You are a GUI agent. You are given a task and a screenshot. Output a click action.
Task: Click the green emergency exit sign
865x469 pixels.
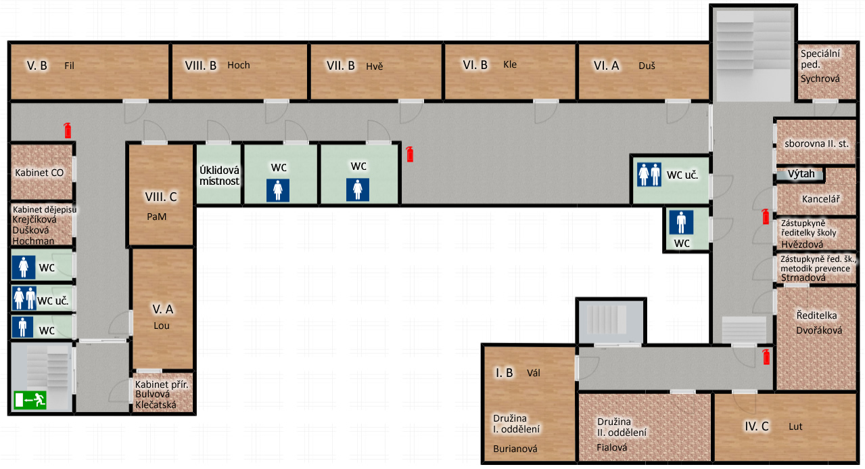click(30, 400)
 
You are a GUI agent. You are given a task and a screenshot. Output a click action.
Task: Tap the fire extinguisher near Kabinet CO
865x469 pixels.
click(68, 131)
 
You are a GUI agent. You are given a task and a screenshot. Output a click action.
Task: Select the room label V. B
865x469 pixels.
click(37, 66)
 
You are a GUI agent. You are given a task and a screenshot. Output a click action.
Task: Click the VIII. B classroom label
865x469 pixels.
click(200, 65)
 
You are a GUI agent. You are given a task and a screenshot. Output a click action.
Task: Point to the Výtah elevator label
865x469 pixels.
click(801, 174)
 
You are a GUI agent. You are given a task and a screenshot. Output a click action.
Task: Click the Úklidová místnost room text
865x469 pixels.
click(219, 176)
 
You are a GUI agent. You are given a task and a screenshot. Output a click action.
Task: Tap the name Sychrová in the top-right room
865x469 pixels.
click(820, 79)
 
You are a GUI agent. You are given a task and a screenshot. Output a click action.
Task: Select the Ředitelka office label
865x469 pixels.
click(817, 315)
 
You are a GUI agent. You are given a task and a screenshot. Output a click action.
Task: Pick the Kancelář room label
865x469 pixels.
click(821, 199)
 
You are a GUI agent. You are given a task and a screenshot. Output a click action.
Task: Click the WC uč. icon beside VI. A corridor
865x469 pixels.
click(649, 175)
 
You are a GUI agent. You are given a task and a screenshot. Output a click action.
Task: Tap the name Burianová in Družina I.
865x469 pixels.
click(515, 449)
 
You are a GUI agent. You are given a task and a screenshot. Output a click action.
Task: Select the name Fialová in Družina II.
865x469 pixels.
click(611, 447)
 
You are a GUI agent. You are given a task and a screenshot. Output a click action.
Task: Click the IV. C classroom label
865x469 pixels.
click(757, 426)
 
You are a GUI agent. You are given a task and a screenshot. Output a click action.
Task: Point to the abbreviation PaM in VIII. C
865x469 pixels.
click(157, 217)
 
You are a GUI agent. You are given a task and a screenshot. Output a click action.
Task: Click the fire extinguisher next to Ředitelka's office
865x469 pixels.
click(766, 357)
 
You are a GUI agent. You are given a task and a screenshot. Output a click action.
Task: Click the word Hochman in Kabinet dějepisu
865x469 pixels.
click(33, 241)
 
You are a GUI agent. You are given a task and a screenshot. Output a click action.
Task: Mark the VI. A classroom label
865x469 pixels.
click(606, 66)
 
